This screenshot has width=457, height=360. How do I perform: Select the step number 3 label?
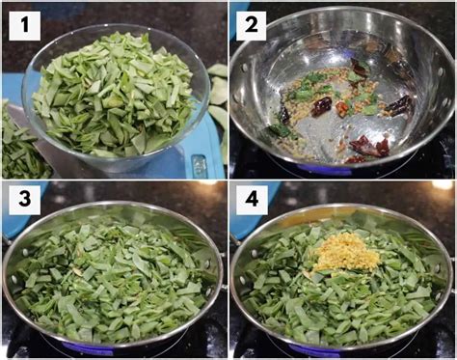[x=24, y=201]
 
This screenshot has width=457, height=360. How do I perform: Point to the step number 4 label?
[x=252, y=201]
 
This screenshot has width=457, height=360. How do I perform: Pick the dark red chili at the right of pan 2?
[x=397, y=103]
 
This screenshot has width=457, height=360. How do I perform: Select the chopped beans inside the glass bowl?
[x=114, y=97]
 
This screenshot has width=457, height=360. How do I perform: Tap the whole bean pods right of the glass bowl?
[x=218, y=97]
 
